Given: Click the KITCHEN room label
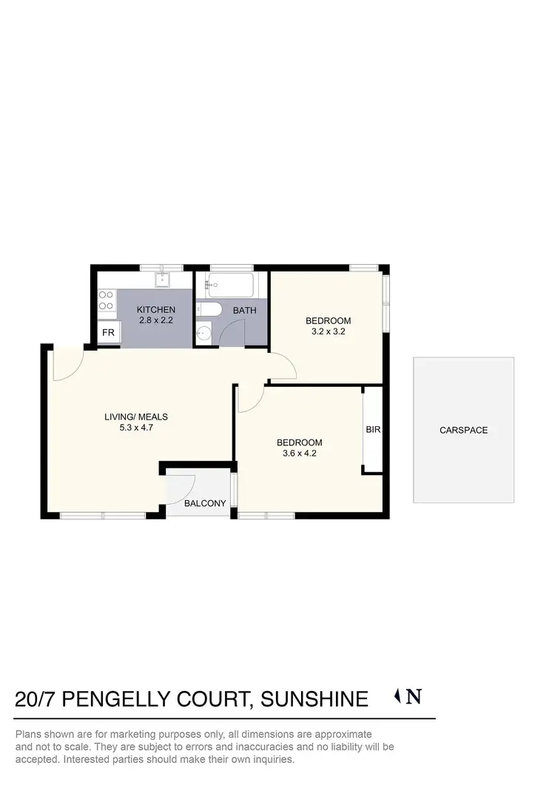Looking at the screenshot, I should click(x=156, y=310).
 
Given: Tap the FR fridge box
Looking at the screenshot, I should click(x=108, y=333).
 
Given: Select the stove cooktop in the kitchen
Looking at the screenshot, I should click(x=107, y=300).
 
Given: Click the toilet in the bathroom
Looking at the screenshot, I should click(x=206, y=310).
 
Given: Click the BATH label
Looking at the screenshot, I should click(x=244, y=311).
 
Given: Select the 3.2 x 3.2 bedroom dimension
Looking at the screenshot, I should click(x=329, y=332).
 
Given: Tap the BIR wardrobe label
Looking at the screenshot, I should click(x=372, y=429).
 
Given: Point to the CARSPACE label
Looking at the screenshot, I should click(x=463, y=430).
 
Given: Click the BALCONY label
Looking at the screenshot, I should click(x=205, y=504).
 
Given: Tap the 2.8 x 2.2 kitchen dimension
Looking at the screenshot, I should click(x=156, y=321).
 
